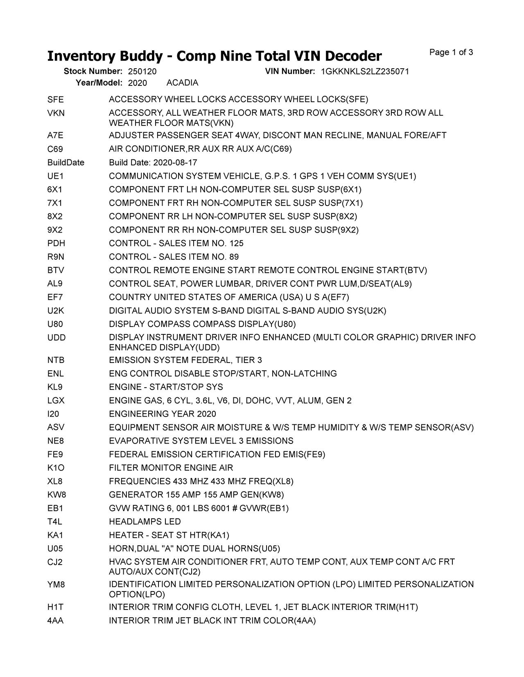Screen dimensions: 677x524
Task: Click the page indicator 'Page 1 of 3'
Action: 451,52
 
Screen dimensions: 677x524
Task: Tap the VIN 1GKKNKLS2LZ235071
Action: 365,72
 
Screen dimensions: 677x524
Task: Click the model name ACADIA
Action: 182,83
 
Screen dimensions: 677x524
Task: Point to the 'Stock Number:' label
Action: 93,72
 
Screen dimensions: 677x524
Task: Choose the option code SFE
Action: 56,100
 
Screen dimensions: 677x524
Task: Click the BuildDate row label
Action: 66,163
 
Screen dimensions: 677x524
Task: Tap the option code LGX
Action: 56,401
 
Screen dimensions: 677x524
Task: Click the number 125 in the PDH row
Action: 236,244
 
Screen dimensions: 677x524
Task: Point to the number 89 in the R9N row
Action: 234,257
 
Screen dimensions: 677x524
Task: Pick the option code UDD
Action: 56,338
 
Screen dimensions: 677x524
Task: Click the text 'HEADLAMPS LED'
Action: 145,522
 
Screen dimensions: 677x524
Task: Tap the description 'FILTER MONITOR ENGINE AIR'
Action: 171,468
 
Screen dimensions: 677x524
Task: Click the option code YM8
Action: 56,585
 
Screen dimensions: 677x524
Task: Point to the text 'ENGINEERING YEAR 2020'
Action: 163,414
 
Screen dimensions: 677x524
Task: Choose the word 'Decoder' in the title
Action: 349,56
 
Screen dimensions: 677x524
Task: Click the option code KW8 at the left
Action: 56,495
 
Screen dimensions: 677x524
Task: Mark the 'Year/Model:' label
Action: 99,83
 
